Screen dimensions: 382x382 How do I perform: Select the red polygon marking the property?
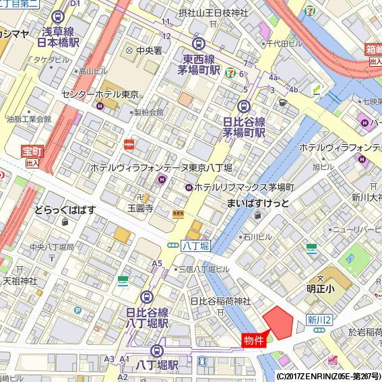278,321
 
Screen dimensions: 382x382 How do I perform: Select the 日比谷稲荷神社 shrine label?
220,300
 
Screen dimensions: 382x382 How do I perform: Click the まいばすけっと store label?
258,203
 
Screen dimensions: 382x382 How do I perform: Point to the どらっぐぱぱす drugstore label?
65,210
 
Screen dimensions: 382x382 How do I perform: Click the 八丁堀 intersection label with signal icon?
191,247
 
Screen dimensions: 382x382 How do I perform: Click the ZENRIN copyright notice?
328,376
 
